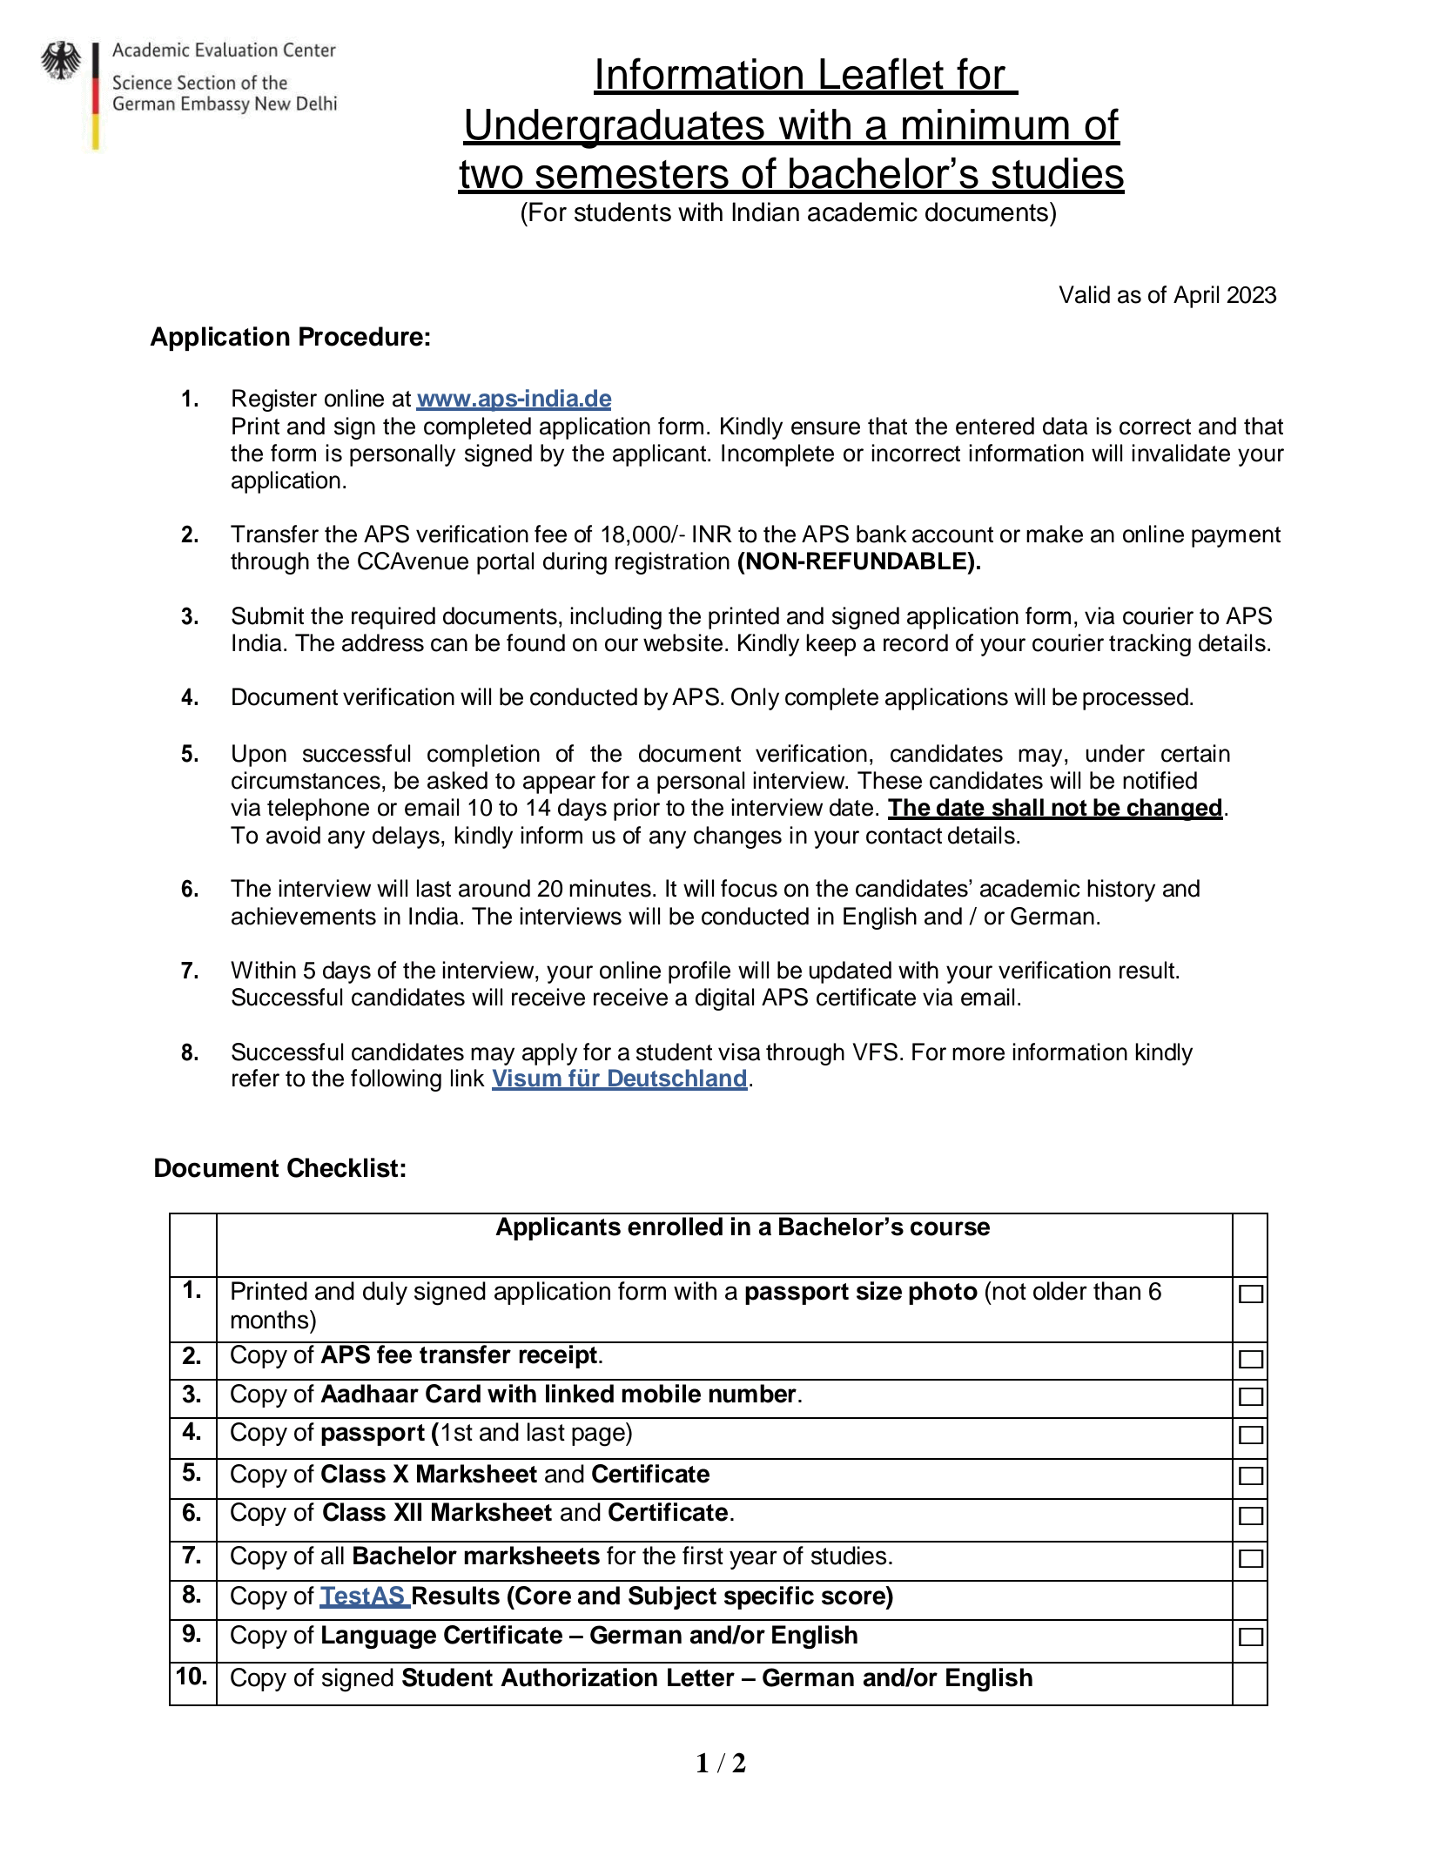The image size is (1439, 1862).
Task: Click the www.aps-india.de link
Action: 514,399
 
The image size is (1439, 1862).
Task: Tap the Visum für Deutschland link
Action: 619,1079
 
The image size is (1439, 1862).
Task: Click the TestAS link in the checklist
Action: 363,1596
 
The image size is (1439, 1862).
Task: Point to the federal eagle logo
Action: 60,62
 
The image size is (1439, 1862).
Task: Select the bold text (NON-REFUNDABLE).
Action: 858,561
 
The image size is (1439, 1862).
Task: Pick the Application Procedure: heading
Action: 291,337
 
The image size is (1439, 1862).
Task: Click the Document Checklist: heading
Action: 279,1168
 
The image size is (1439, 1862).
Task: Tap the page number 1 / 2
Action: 720,1763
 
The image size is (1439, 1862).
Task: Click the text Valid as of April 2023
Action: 1167,295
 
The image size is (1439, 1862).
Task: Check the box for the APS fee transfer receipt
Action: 1250,1359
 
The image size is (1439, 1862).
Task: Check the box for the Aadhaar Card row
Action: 1250,1396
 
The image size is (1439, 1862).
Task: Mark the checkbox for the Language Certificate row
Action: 1250,1637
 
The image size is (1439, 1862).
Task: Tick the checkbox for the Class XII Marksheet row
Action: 1250,1516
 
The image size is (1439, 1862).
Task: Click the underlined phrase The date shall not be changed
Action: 1054,808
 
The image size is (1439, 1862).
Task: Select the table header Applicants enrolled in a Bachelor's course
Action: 743,1227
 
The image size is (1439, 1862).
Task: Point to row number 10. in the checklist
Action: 192,1677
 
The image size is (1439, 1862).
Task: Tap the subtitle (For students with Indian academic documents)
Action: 788,213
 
